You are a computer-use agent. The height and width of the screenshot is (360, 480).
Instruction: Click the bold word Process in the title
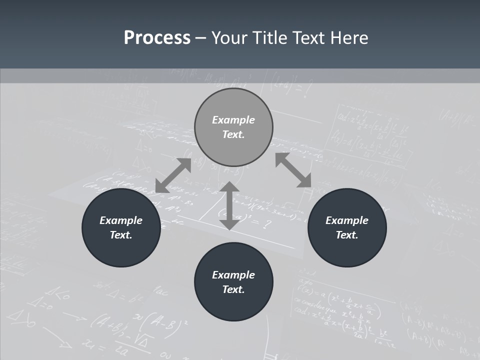pos(157,38)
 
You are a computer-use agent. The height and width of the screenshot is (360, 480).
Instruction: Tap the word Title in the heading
pos(270,38)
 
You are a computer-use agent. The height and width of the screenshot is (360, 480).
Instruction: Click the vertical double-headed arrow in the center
pos(229,205)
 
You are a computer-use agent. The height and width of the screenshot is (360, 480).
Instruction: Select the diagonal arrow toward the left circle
pos(173,175)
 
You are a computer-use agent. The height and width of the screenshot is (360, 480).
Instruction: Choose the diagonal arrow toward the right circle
pos(293,170)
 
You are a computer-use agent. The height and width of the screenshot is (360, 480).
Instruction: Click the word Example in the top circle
pos(233,120)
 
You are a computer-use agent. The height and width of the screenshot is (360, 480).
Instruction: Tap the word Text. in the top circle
pos(233,134)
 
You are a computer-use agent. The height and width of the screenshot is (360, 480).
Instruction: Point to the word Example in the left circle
pos(121,220)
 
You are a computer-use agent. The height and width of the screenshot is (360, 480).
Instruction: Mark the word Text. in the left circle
pos(121,235)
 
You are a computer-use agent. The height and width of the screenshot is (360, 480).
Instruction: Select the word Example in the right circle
pos(347,220)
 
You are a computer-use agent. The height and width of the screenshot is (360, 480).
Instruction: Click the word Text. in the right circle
pos(347,235)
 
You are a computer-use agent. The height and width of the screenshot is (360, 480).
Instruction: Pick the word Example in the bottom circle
pos(233,275)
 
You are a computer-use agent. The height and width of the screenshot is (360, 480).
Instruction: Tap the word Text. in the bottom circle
pos(233,289)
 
